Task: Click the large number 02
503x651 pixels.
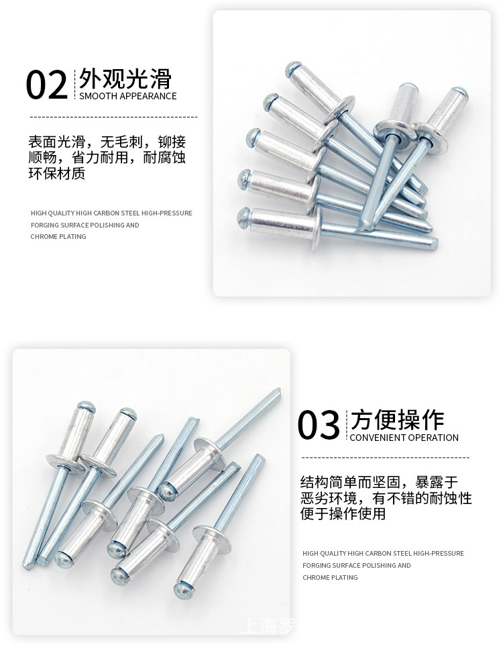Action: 47,86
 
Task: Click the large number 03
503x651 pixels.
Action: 319,426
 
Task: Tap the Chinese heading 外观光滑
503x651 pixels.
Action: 125,79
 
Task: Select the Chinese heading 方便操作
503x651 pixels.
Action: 397,420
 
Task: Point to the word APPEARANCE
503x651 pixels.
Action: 148,96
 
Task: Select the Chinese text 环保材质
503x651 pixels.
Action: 57,173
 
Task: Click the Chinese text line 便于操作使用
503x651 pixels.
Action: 343,514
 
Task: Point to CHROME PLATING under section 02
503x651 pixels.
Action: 58,236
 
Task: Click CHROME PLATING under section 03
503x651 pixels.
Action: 330,577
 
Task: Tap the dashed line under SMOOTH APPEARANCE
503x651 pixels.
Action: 113,117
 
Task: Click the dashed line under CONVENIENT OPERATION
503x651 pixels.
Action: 385,458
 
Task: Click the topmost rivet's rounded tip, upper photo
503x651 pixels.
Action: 292,68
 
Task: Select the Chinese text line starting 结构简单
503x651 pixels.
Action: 379,482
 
